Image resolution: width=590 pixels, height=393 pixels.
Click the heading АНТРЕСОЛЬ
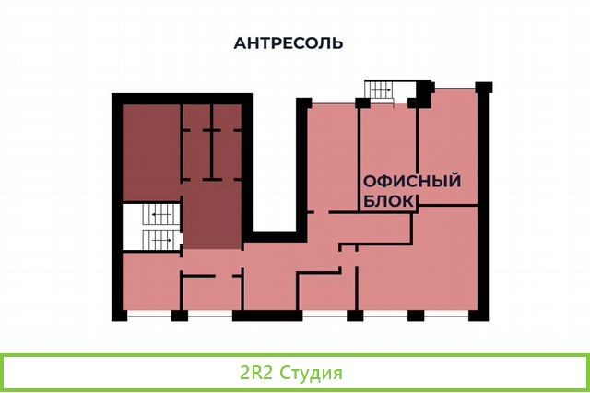click(289, 43)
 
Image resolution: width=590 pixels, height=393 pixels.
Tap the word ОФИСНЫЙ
click(412, 181)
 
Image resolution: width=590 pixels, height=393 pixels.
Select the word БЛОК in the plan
click(389, 201)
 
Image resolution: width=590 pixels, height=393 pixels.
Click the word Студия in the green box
click(312, 373)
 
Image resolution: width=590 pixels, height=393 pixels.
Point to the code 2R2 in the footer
click(256, 373)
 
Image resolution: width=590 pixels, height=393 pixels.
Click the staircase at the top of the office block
click(379, 92)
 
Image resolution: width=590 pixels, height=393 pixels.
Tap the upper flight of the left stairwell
click(161, 215)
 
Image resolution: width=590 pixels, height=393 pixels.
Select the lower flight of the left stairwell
click(161, 240)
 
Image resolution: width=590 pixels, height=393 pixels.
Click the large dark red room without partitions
click(151, 152)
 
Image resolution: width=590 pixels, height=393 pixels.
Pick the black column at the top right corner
click(484, 88)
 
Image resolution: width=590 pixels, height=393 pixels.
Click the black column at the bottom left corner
click(119, 316)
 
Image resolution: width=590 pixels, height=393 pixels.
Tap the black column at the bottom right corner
click(478, 316)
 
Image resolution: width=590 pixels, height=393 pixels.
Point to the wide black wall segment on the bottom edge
click(267, 316)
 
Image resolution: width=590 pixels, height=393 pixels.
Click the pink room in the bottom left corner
click(151, 281)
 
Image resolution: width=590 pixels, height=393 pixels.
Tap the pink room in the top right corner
click(448, 148)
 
